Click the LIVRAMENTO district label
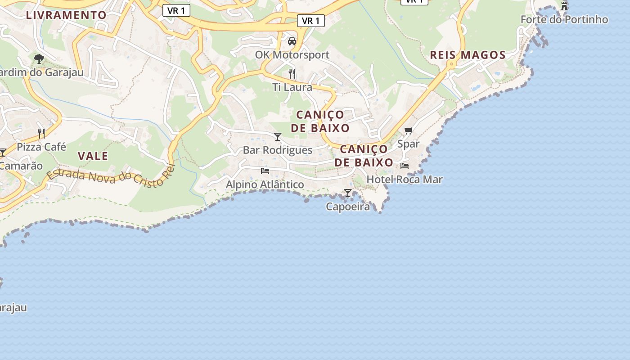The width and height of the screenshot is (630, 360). [66, 15]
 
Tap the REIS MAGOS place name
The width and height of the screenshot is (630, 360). [468, 55]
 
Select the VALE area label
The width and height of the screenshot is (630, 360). [93, 156]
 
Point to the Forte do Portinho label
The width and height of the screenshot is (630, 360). [564, 19]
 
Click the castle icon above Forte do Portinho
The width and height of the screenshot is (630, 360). [564, 6]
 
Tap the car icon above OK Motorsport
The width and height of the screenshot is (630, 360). [292, 41]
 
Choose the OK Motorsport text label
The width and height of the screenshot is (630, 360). [292, 55]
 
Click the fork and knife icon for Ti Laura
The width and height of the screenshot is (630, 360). [292, 73]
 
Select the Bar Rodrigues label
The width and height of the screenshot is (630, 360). [278, 150]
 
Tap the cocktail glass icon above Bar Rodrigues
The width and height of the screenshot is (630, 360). [278, 136]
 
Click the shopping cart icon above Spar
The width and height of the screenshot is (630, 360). [408, 130]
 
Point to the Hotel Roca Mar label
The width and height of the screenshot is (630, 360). [405, 179]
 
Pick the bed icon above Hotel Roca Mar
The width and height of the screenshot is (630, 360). [405, 166]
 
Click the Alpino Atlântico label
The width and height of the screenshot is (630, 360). [265, 184]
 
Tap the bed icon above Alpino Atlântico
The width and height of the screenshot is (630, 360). [265, 171]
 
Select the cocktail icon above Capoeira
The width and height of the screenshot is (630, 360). [348, 193]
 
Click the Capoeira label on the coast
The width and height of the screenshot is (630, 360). [348, 207]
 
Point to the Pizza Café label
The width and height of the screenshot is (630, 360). [41, 147]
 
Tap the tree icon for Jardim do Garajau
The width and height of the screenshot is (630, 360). [39, 58]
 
